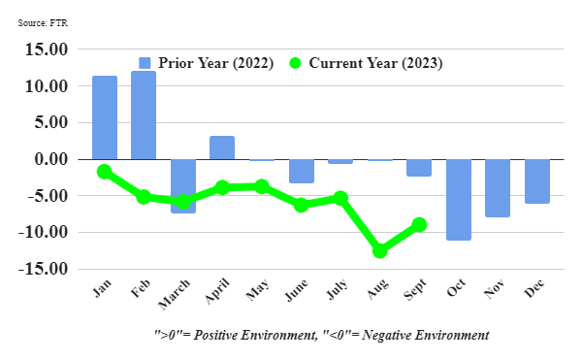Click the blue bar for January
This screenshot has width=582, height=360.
105,117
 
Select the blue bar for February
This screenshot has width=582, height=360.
144,115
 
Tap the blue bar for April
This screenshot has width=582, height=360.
222,147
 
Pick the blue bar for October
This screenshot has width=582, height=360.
459,200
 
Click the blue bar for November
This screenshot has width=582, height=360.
498,188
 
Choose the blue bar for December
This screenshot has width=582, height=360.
537,181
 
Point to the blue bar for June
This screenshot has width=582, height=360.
302,171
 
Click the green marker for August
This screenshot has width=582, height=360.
379,250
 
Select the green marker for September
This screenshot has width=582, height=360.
419,224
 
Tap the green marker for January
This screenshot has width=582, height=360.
105,172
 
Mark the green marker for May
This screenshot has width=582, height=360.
262,186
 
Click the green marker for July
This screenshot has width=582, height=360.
340,198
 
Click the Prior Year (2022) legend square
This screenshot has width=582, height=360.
145,63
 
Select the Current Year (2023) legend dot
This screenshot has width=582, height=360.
295,63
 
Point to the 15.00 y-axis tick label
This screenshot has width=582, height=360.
47,49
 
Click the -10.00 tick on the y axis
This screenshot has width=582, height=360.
43,232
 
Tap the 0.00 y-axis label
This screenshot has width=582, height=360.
51,159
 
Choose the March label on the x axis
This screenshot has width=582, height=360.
174,294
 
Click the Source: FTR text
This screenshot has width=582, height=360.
43,23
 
